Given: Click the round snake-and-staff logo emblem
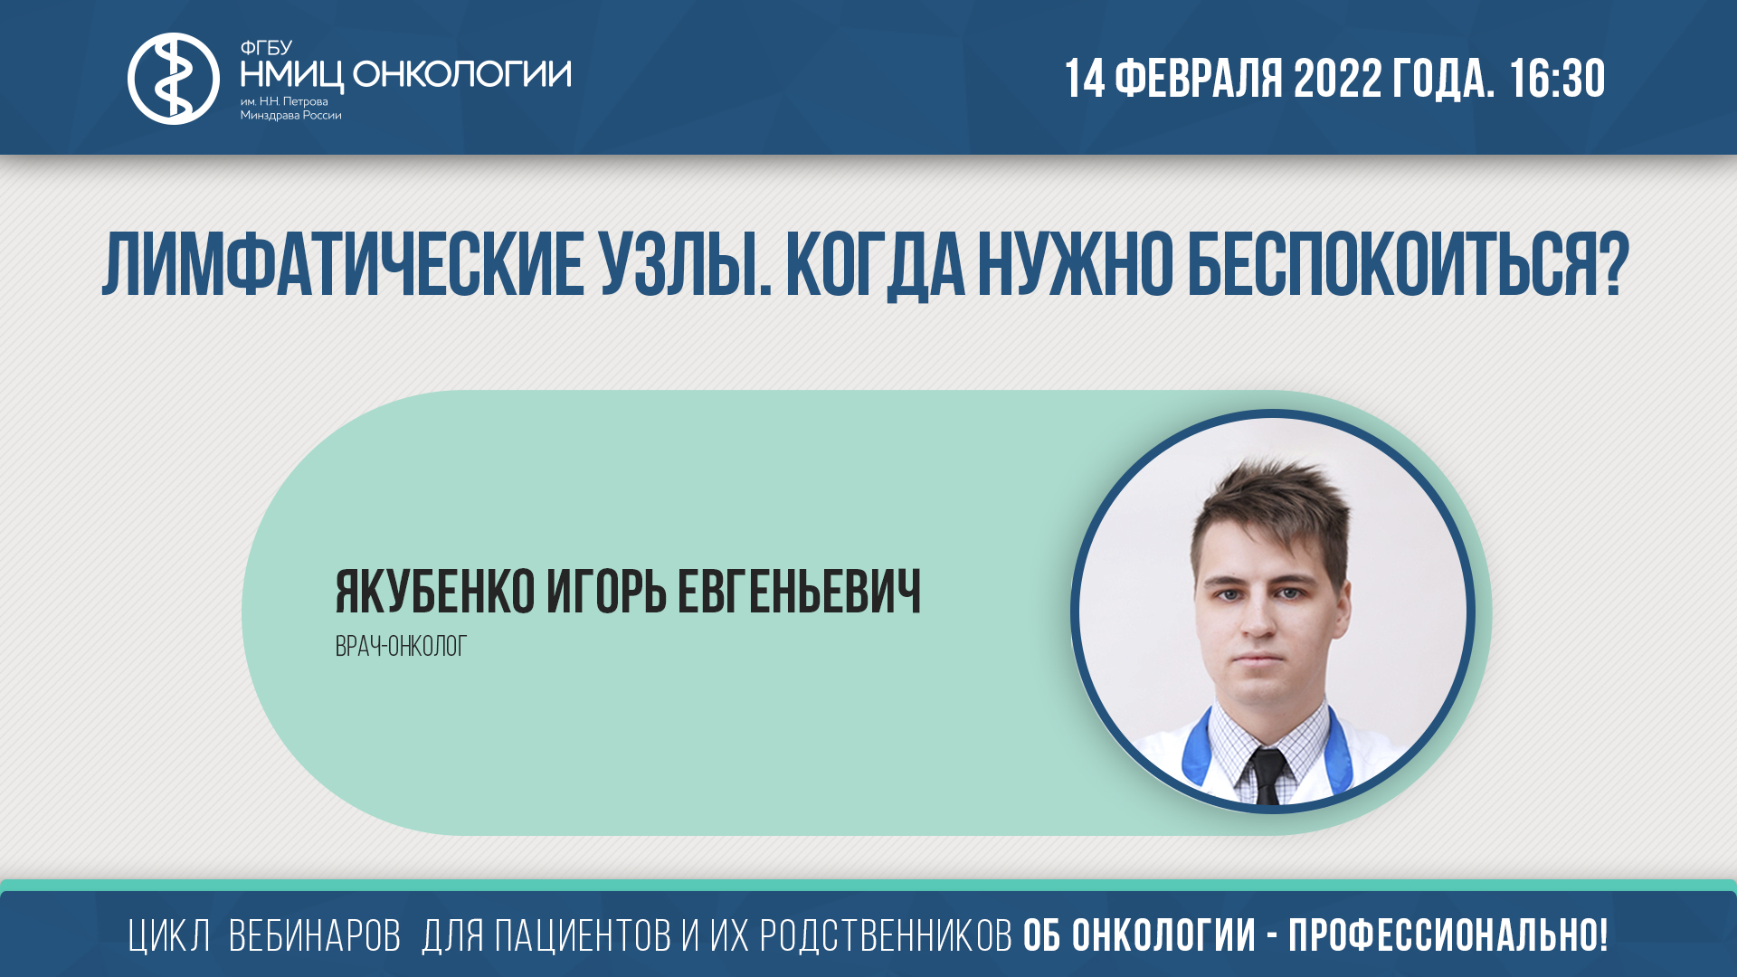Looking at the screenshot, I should [173, 79].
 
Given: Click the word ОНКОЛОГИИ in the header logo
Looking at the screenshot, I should [461, 74].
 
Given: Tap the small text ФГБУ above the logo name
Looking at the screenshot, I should [265, 48].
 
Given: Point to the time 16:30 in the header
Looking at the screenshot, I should [1557, 79].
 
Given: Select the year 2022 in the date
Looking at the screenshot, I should [1337, 79].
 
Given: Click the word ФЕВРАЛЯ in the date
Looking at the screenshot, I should [1198, 79].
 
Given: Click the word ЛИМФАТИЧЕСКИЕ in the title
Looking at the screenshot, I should [343, 265].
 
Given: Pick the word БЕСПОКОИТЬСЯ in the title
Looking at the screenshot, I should [1407, 265].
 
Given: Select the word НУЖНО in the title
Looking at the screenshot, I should [1076, 265].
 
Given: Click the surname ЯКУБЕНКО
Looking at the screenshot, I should [435, 593].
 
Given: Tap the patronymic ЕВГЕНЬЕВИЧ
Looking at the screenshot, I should [799, 593].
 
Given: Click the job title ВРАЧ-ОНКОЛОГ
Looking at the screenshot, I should [401, 647].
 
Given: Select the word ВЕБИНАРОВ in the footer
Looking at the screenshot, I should [314, 936].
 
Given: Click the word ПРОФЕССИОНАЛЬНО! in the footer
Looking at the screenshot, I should [1447, 936].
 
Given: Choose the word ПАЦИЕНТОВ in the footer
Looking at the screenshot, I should [583, 936].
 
